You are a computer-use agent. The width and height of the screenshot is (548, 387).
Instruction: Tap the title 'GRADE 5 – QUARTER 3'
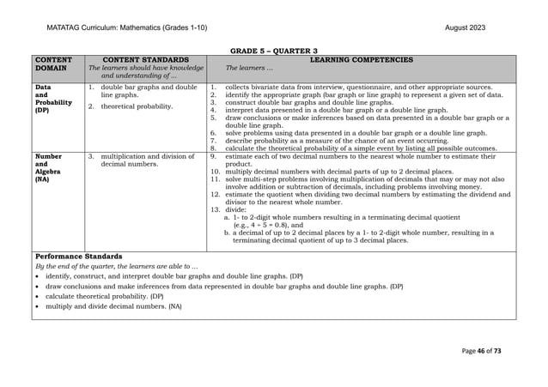[x=273, y=51]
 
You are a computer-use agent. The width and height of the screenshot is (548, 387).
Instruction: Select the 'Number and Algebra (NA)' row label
[x=49, y=168]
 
